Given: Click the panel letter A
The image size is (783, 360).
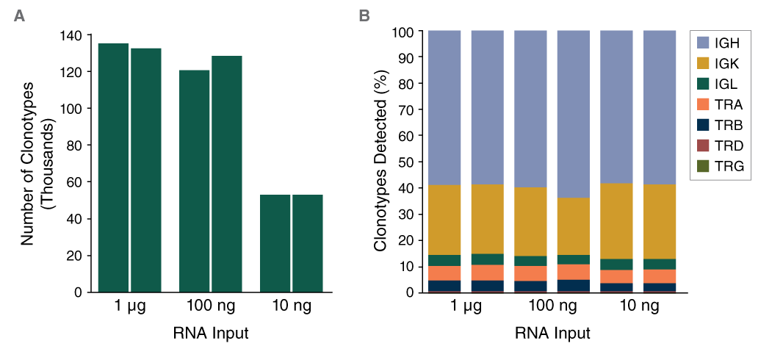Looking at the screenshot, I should (20, 15).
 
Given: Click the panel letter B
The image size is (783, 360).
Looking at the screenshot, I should (364, 15).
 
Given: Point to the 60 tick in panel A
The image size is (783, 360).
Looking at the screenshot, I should (76, 182).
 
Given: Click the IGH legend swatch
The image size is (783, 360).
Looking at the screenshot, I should (704, 44).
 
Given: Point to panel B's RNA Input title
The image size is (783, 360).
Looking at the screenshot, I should (552, 333).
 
